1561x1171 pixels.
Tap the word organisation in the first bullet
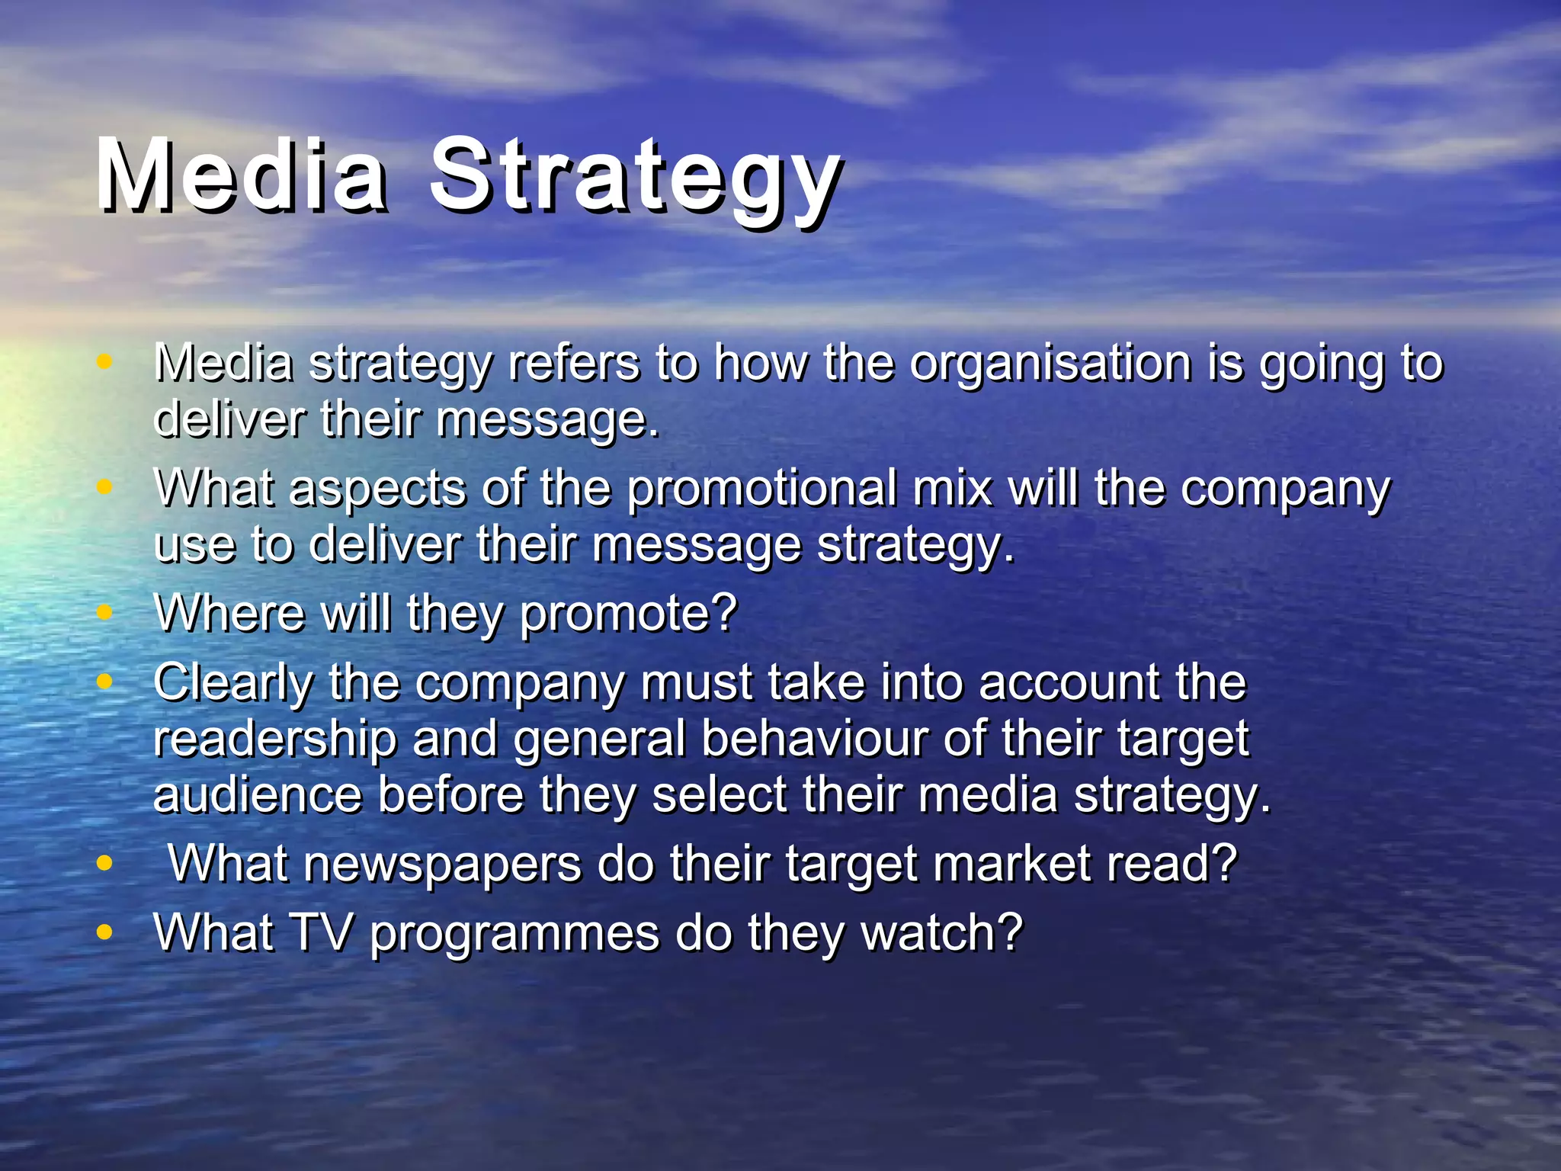click(1051, 363)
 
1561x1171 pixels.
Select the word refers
click(574, 363)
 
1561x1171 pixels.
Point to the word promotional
click(761, 488)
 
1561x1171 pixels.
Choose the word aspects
click(377, 489)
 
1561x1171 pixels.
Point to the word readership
click(275, 739)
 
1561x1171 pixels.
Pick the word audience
click(258, 795)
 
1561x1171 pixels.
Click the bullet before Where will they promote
click(105, 611)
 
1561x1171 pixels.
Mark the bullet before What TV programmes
click(105, 932)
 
